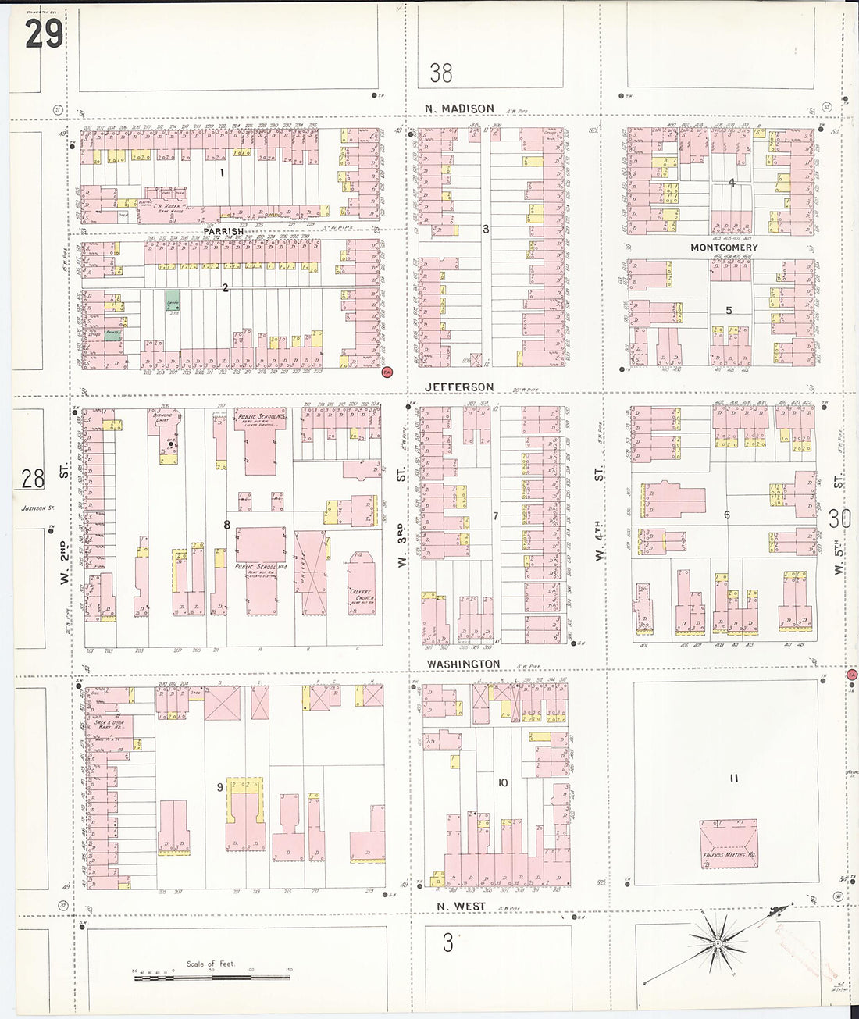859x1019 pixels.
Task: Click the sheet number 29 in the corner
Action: click(43, 34)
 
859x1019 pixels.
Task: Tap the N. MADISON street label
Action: click(459, 109)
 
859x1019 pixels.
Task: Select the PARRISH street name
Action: click(223, 232)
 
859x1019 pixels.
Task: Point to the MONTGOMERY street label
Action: click(723, 248)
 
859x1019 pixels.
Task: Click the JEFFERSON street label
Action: click(459, 387)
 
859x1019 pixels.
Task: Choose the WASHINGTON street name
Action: click(463, 664)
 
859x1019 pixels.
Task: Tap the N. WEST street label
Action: click(461, 907)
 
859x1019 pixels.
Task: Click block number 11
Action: click(733, 778)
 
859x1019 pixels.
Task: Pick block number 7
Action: click(495, 516)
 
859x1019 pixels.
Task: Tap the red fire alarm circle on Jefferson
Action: click(386, 372)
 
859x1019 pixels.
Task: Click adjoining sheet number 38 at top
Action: click(440, 73)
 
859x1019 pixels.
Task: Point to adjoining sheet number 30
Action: click(839, 518)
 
